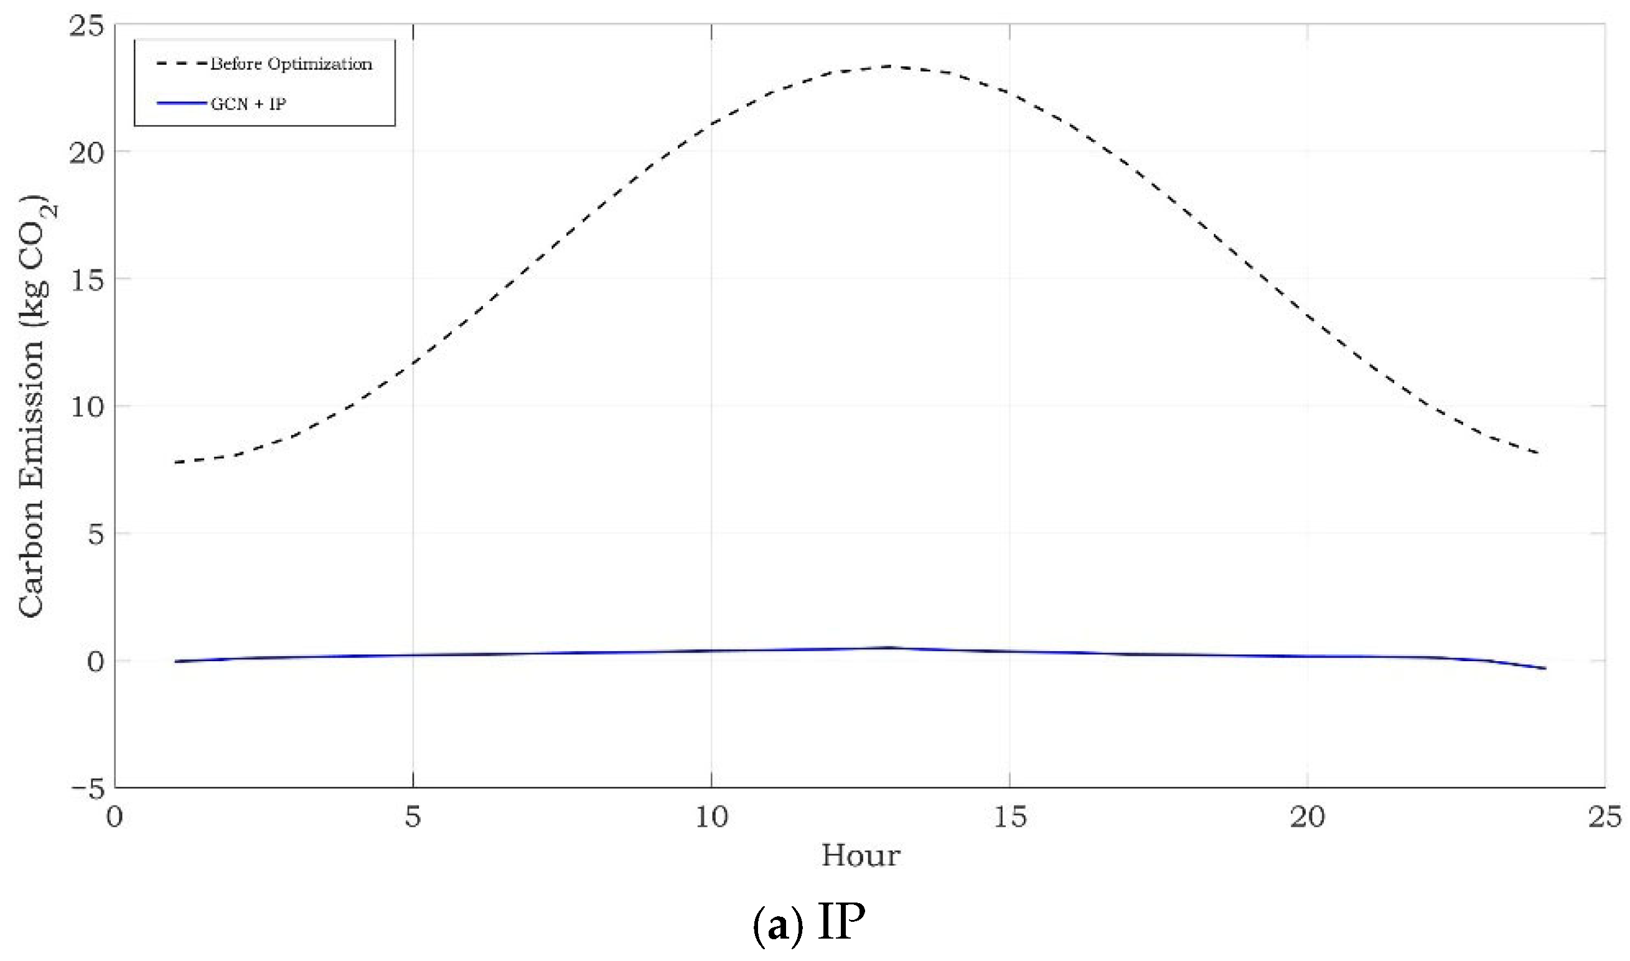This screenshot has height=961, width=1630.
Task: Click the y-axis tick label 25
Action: tap(86, 28)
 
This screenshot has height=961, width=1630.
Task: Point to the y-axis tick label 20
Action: tap(86, 154)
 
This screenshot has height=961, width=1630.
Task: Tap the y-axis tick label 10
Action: tap(86, 408)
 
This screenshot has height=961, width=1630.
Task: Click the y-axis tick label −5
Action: tap(86, 789)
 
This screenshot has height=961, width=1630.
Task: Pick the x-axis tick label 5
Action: tap(413, 817)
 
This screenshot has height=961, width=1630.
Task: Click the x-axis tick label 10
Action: tap(711, 817)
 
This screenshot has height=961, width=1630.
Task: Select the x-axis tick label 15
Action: tap(1009, 817)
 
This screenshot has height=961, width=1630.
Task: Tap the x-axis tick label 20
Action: tap(1308, 817)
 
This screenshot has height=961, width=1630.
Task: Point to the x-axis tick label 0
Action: tap(115, 817)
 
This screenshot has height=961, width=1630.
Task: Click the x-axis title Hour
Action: tap(860, 856)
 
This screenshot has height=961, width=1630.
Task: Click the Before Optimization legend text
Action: tap(291, 64)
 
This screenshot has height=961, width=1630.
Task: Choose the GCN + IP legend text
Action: tap(248, 104)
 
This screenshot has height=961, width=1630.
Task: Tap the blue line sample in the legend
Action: tap(181, 104)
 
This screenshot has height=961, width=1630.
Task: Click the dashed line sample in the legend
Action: tap(181, 63)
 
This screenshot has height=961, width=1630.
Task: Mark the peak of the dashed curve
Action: tap(891, 66)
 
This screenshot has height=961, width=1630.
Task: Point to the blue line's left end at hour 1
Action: tap(175, 661)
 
